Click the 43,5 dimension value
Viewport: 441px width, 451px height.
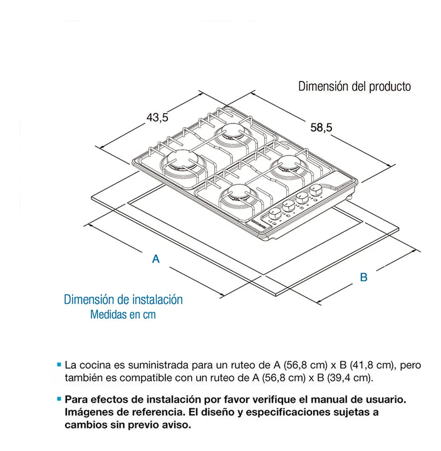pos(157,117)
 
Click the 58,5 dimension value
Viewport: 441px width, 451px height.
pos(321,127)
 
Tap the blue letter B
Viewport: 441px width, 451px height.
pos(363,277)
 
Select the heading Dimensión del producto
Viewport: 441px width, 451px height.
pos(355,86)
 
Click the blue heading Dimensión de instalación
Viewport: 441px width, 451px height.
pos(123,300)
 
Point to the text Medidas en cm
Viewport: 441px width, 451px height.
pos(122,314)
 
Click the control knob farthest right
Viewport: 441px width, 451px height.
pos(316,190)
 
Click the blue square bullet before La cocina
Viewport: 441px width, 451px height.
pos(59,364)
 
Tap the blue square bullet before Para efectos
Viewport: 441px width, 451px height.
pos(59,398)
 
